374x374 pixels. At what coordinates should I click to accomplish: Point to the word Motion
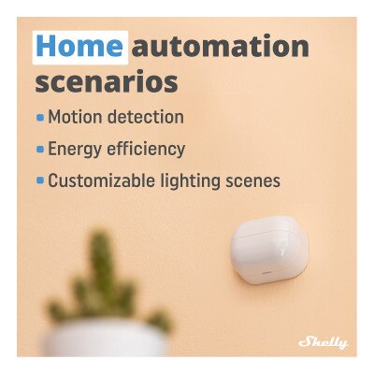click(74, 118)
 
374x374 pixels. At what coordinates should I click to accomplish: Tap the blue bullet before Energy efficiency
click(39, 150)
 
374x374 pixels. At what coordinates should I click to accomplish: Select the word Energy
click(75, 150)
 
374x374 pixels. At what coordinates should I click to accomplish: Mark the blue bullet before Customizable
click(39, 181)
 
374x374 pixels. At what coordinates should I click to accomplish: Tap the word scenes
click(254, 180)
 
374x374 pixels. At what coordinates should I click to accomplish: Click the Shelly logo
click(323, 342)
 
